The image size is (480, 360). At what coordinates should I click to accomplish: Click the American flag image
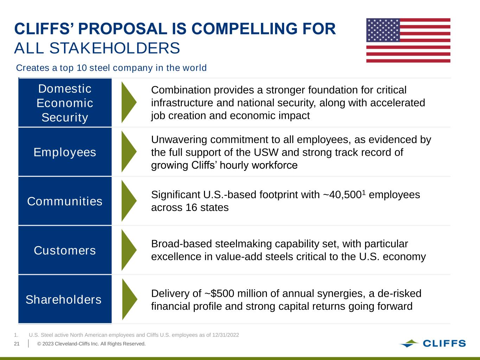point(408,40)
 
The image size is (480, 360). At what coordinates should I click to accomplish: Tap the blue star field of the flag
point(383,30)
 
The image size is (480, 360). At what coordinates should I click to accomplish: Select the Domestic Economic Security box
point(65,103)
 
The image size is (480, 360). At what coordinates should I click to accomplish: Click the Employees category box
point(65,152)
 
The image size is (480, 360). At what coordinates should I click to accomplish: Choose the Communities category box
point(65,201)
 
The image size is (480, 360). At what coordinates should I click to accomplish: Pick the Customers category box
point(65,250)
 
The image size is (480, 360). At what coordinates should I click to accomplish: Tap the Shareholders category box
point(65,299)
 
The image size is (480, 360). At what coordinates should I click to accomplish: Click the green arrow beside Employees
point(129,152)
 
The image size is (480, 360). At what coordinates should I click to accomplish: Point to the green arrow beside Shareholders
point(130,299)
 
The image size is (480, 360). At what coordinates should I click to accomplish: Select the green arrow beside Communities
point(129,201)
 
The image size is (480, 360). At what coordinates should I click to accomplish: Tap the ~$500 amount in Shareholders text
point(219,294)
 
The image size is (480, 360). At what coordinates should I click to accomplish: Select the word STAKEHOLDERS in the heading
point(115,48)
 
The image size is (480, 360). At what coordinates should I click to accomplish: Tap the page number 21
point(17,344)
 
